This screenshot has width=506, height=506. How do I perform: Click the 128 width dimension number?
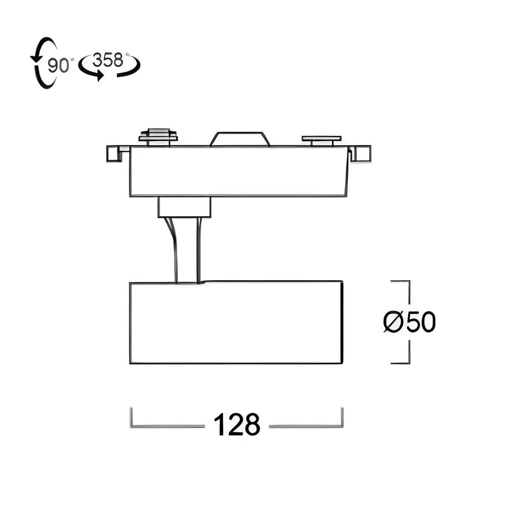pyautogui.click(x=237, y=425)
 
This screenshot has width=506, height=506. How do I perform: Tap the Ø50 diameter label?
pyautogui.click(x=409, y=322)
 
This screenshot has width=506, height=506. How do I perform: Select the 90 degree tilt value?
pyautogui.click(x=58, y=65)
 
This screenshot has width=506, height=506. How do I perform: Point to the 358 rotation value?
pyautogui.click(x=108, y=60)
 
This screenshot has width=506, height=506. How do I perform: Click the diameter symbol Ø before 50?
pyautogui.click(x=393, y=322)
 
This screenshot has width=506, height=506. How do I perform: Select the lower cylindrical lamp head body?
pyautogui.click(x=236, y=322)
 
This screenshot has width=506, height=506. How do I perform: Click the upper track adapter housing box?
pyautogui.click(x=238, y=171)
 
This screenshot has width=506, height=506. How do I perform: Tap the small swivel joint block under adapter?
pyautogui.click(x=184, y=207)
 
